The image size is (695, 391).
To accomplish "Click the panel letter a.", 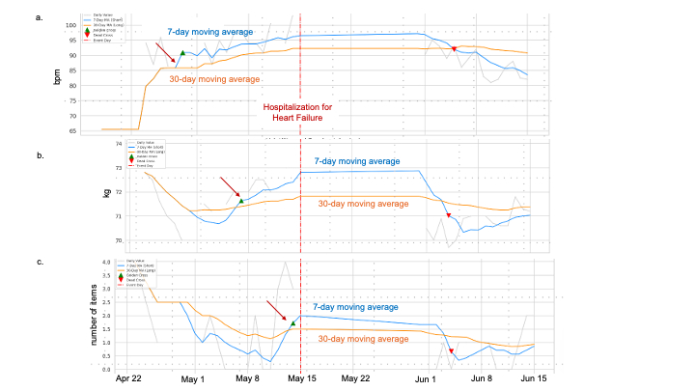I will pyautogui.click(x=66, y=17).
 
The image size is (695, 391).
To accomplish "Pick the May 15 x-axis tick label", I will pyautogui.click(x=302, y=378).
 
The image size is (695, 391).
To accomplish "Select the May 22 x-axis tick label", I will pyautogui.click(x=356, y=378).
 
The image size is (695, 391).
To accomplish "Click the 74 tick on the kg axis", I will pyautogui.click(x=120, y=144).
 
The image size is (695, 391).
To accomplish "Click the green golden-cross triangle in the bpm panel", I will pyautogui.click(x=181, y=53).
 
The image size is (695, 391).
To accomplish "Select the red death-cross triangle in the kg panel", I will pyautogui.click(x=448, y=215).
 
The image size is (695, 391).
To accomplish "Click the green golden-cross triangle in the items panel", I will pyautogui.click(x=292, y=322).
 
